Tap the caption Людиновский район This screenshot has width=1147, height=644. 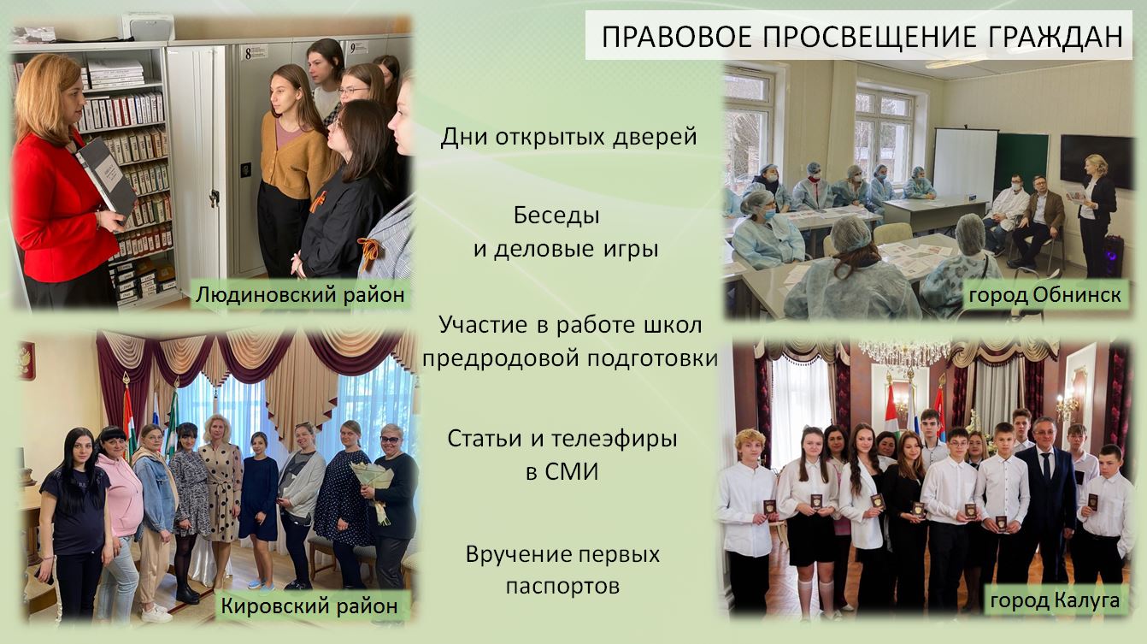coord(300,294)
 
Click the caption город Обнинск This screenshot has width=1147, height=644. coord(1045,295)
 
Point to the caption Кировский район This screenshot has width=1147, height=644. coord(309,606)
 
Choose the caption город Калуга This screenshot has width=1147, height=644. coord(1055,600)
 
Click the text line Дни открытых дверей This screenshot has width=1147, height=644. coord(569,138)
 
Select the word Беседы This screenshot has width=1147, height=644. coord(556,216)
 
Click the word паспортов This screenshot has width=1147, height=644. coord(562,587)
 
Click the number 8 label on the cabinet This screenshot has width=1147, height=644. coord(250,52)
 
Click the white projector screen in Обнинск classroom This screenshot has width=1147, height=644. coord(965,162)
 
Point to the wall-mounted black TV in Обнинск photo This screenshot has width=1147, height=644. coord(1097,162)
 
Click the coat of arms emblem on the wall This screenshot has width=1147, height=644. coord(26,360)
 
